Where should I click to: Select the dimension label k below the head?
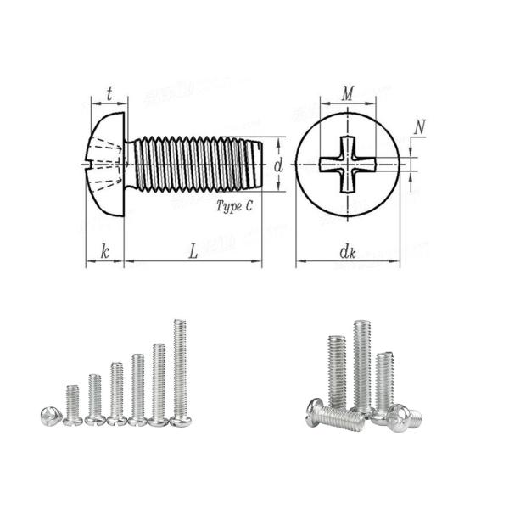pyautogui.click(x=105, y=250)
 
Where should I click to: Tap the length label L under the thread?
pyautogui.click(x=193, y=250)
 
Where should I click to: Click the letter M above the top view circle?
pyautogui.click(x=346, y=94)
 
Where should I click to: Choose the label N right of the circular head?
pyautogui.click(x=420, y=127)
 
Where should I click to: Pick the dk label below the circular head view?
pyautogui.click(x=346, y=251)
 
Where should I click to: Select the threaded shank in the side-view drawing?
pyautogui.click(x=191, y=164)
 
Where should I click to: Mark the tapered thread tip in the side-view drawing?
pyautogui.click(x=255, y=164)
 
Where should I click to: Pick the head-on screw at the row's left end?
pyautogui.click(x=49, y=416)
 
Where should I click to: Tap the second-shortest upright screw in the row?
pyautogui.click(x=95, y=399)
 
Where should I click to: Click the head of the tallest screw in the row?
pyautogui.click(x=180, y=420)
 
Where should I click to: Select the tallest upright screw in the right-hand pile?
pyautogui.click(x=362, y=365)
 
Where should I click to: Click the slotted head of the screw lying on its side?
pyautogui.click(x=317, y=413)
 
